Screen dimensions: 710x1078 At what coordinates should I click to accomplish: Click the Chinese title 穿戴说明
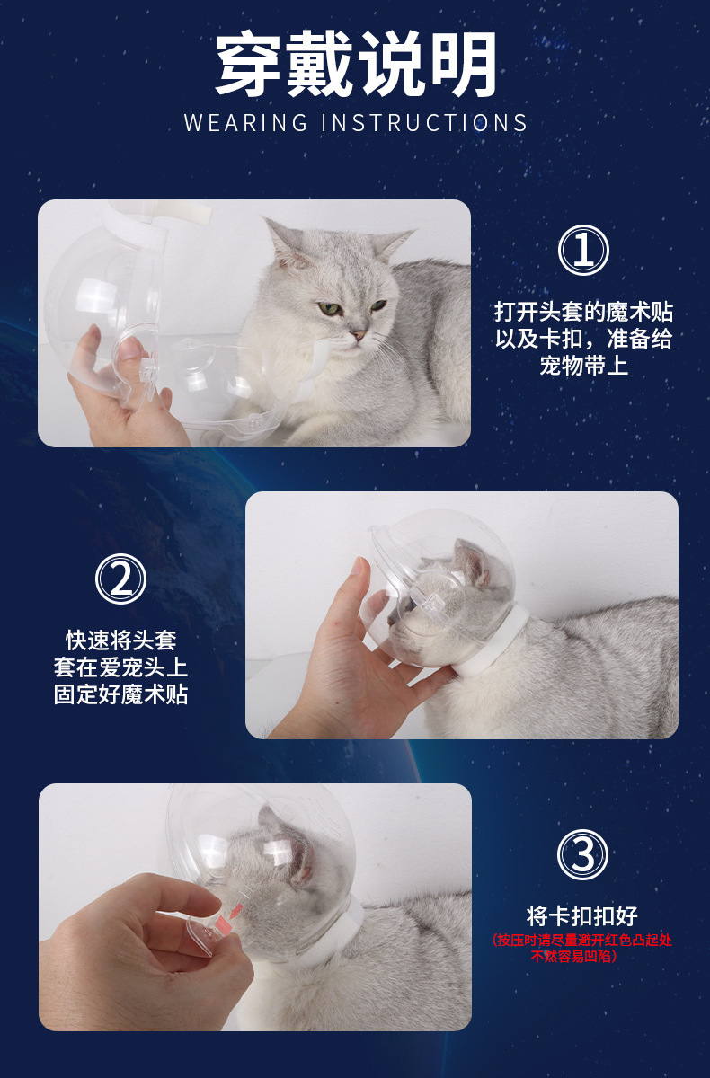point(356,64)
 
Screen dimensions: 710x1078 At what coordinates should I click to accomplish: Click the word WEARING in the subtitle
point(245,123)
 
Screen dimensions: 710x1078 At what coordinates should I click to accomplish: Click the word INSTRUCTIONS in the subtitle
point(424,123)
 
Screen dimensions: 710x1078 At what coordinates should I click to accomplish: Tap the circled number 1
point(583,251)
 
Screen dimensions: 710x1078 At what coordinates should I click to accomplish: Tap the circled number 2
point(120,579)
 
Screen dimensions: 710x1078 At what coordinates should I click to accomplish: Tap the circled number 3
point(582,854)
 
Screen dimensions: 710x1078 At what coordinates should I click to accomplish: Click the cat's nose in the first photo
point(359,334)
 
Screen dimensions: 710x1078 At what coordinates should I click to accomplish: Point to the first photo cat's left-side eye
point(328,308)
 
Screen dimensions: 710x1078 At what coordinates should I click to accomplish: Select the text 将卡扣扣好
point(582,915)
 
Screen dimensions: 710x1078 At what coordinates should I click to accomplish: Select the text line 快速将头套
point(120,641)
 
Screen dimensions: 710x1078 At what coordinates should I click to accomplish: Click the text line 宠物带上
point(583,366)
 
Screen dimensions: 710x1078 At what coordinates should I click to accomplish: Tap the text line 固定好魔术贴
point(120,694)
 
